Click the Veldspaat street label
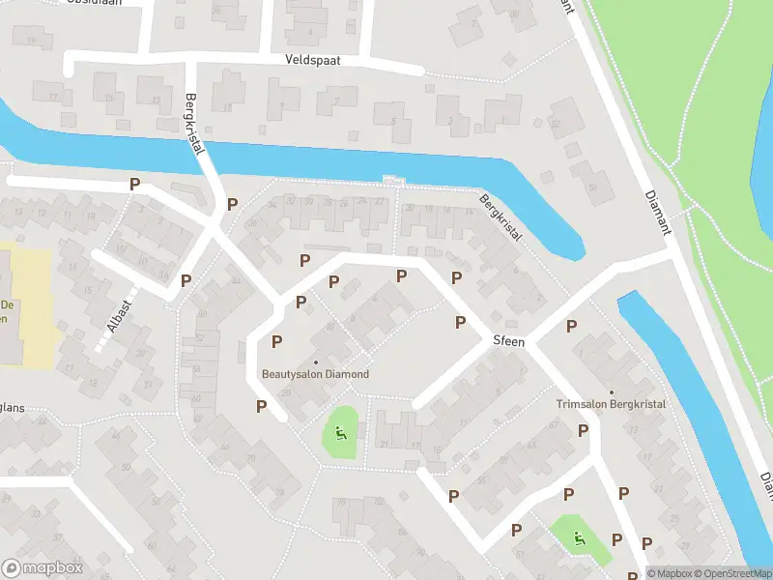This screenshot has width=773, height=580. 313,60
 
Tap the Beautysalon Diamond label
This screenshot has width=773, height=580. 315,374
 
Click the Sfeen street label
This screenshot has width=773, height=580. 508,341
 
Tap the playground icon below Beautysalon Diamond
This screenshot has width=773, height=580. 340,431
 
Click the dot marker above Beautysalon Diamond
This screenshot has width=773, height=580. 315,362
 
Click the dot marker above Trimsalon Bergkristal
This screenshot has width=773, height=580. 610,391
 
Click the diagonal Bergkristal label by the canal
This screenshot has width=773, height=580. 501,217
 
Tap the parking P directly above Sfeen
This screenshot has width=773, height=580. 461,321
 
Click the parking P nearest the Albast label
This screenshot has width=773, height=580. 186,280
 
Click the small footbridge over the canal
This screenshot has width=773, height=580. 392,180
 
